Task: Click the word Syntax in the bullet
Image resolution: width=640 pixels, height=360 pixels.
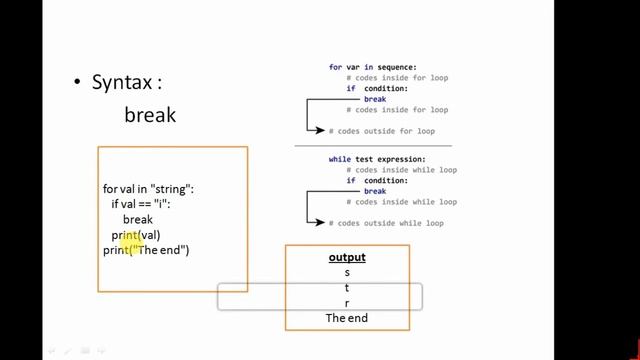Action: [x=126, y=83]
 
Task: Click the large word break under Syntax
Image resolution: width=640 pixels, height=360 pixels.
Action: [x=150, y=115]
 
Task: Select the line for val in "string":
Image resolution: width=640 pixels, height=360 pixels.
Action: [x=149, y=189]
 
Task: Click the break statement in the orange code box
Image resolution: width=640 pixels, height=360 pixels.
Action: [x=138, y=219]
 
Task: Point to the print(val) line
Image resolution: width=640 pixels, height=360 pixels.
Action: [x=136, y=235]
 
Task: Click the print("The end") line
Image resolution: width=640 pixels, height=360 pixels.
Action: [x=146, y=250]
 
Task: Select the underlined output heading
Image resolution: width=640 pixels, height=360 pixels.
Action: [x=347, y=258]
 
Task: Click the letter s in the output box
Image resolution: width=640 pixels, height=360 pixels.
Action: [x=347, y=273]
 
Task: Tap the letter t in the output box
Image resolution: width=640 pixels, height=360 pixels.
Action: [x=347, y=288]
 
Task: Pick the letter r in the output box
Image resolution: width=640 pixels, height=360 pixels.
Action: [x=347, y=303]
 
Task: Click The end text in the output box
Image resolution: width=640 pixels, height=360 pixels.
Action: [x=347, y=318]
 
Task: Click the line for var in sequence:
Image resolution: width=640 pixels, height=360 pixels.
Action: [x=372, y=67]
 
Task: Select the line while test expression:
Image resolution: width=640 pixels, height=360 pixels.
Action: [x=377, y=159]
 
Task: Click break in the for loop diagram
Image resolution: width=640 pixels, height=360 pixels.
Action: [x=375, y=99]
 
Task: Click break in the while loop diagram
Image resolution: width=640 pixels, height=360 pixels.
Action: [x=375, y=191]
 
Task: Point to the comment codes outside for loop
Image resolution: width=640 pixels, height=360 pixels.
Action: [x=386, y=131]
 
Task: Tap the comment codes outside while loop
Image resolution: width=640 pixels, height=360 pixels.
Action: [x=390, y=223]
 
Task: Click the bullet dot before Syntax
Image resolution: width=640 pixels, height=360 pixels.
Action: [x=77, y=83]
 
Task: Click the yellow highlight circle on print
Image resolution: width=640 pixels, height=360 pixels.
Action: [x=128, y=240]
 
